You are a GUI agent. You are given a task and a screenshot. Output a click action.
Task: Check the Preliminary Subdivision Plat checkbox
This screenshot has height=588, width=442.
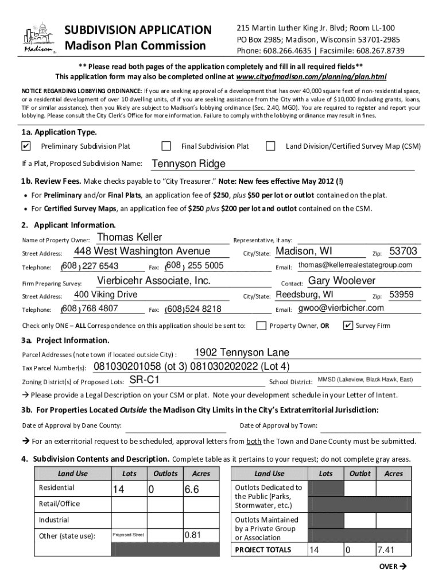pyautogui.click(x=26, y=146)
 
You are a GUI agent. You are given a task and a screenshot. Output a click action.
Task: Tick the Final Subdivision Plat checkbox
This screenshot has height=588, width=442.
pyautogui.click(x=166, y=146)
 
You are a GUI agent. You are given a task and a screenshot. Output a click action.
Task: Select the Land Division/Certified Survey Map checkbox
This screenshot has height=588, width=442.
pyautogui.click(x=271, y=146)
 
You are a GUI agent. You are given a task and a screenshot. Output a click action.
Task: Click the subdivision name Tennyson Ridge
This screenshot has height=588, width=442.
pyautogui.click(x=188, y=164)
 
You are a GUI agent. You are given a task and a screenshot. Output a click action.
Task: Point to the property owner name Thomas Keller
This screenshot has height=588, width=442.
pyautogui.click(x=130, y=238)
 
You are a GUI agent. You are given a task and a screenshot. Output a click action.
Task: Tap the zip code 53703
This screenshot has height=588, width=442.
pyautogui.click(x=403, y=252)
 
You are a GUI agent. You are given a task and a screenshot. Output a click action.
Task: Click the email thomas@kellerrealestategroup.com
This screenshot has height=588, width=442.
pyautogui.click(x=355, y=265)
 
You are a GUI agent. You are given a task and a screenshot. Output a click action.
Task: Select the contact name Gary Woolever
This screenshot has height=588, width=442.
pyautogui.click(x=342, y=281)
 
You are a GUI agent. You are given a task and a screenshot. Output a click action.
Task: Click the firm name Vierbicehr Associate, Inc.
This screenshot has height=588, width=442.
pyautogui.click(x=154, y=281)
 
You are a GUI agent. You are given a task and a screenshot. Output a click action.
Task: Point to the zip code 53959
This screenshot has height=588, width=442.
pyautogui.click(x=401, y=295)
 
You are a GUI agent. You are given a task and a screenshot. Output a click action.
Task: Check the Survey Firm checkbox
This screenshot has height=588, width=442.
pyautogui.click(x=347, y=326)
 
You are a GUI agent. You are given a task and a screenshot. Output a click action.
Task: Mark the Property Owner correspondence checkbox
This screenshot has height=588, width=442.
pyautogui.click(x=261, y=326)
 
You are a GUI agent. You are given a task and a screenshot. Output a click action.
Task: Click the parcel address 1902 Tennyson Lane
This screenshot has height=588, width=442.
pyautogui.click(x=242, y=353)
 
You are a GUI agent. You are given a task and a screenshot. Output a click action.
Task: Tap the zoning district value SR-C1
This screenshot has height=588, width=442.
pyautogui.click(x=144, y=380)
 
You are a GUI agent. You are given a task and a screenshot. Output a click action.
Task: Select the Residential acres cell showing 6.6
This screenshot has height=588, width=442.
pyautogui.click(x=191, y=489)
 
